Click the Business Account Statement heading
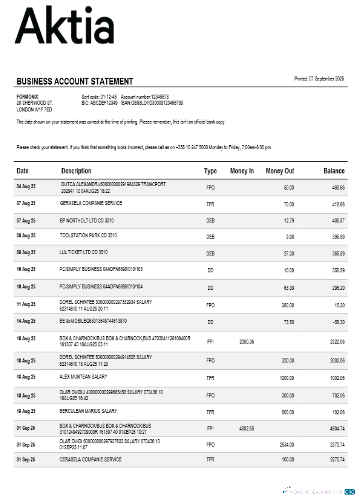(75, 81)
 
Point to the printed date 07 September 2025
(319, 79)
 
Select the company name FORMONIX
(27, 96)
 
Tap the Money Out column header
(280, 171)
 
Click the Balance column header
(334, 171)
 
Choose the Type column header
(210, 171)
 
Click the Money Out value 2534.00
(286, 444)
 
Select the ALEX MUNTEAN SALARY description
(83, 377)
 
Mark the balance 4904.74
(336, 428)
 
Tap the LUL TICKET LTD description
(83, 252)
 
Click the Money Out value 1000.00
(286, 378)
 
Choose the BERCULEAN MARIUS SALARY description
(88, 411)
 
